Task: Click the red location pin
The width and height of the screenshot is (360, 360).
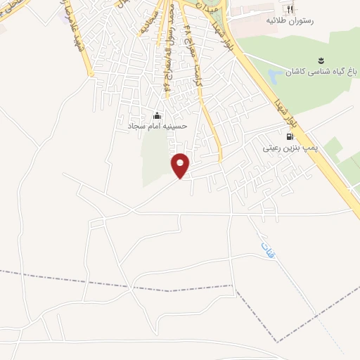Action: [181, 165]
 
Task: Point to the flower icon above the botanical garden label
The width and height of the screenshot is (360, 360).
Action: [321, 58]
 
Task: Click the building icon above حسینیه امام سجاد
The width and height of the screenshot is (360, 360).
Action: [156, 116]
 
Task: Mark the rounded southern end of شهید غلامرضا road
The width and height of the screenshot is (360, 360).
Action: [91, 74]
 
